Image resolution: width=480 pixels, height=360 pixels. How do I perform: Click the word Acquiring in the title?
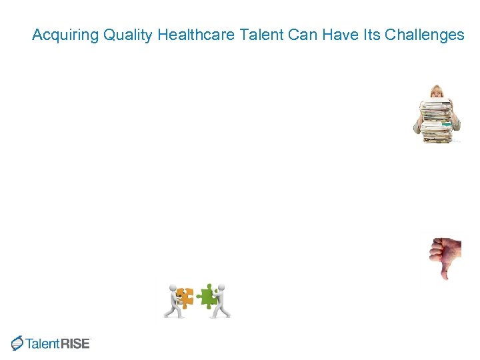[x=65, y=35]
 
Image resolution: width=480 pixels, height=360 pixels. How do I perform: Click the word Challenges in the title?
[x=425, y=35]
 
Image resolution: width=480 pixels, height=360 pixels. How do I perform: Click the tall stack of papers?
[x=436, y=120]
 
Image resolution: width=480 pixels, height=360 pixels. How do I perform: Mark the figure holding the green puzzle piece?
[x=221, y=301]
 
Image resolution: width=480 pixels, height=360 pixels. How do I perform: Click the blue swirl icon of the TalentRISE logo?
[x=17, y=343]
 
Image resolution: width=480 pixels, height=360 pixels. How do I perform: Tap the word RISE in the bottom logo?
[x=75, y=344]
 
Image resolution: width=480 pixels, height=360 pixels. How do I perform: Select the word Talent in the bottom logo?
[x=43, y=344]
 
